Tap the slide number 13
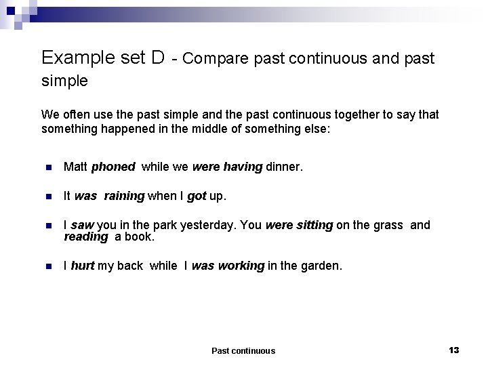453,350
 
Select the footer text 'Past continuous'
243,350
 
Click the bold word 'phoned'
113,167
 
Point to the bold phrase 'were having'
227,167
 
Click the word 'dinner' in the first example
283,167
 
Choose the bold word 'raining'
124,196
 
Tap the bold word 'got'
197,196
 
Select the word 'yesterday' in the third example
210,225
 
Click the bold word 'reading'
86,237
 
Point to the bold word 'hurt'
82,266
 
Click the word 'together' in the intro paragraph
323,115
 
